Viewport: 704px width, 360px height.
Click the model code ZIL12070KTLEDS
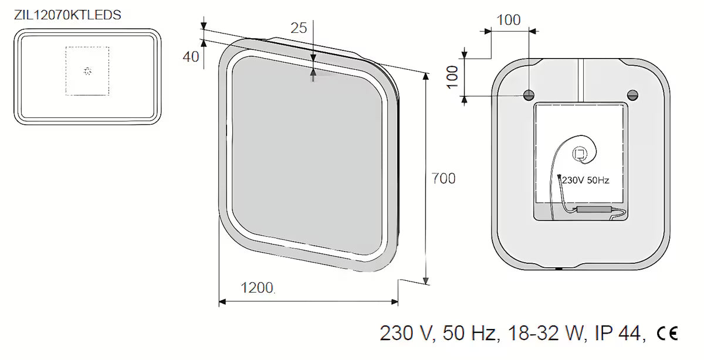coord(67,15)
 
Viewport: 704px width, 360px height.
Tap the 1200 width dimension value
coord(257,288)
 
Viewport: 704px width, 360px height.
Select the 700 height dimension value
coord(444,178)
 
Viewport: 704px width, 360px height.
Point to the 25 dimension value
coord(299,28)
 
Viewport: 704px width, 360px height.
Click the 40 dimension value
coord(191,57)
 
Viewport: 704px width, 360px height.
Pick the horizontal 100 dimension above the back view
coord(509,20)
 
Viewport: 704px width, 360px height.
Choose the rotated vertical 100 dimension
coord(452,77)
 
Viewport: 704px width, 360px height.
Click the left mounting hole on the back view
coord(529,95)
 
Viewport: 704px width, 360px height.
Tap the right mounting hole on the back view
coord(632,95)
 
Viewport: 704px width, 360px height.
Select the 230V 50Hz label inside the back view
coord(585,181)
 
